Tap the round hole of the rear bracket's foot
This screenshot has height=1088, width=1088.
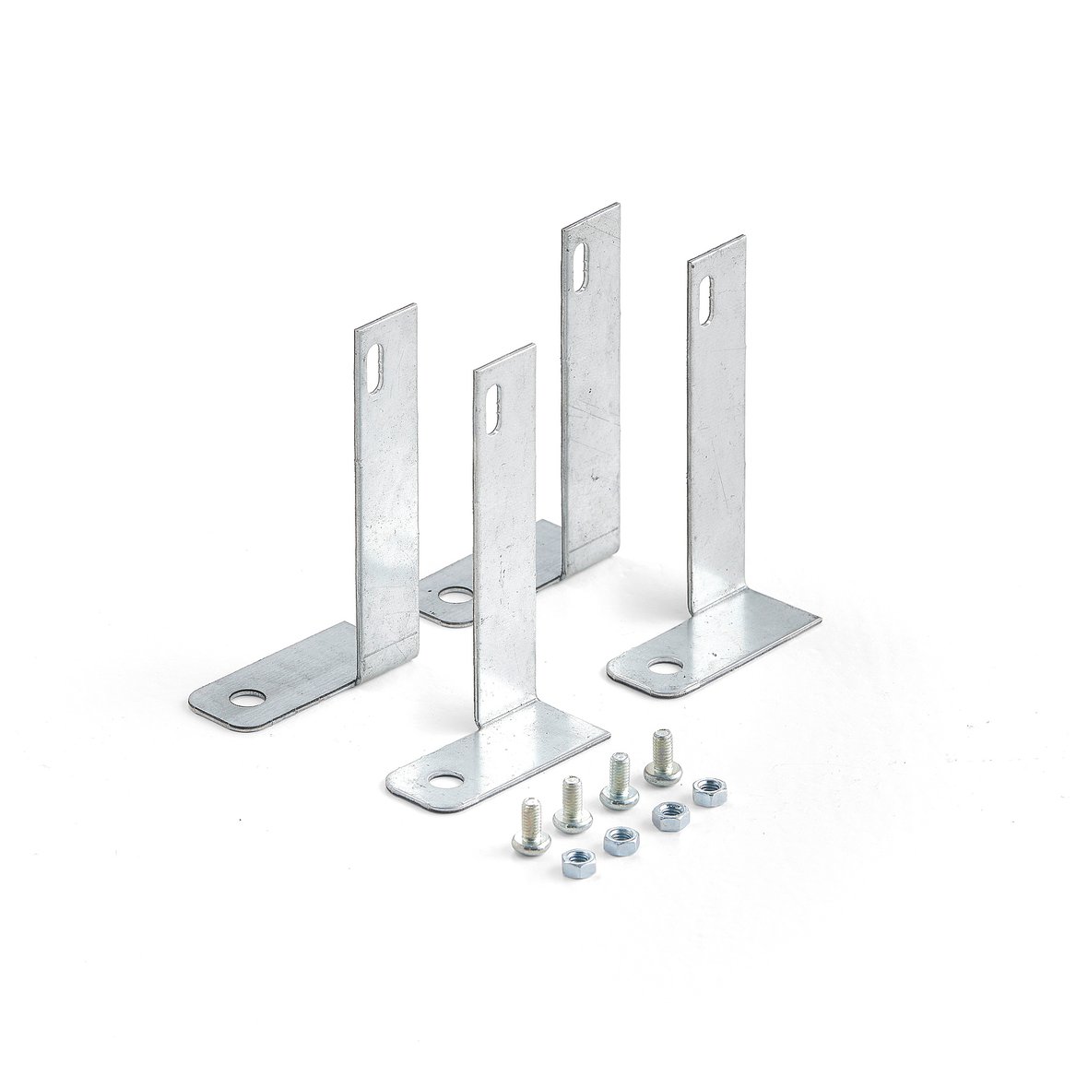click(453, 597)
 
